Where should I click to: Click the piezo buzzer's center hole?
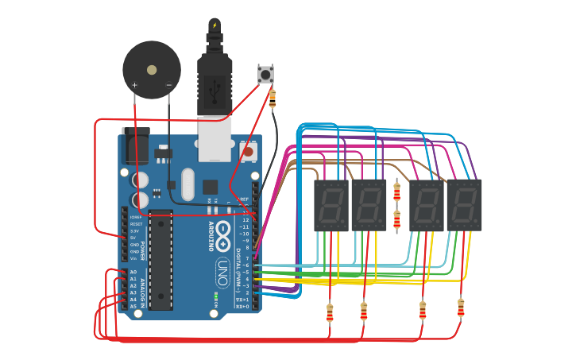point(152,70)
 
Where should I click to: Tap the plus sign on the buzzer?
point(134,85)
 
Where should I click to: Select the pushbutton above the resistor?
point(265,75)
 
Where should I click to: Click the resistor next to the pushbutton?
point(273,99)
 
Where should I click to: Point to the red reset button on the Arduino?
point(248,151)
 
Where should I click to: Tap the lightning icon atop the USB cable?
point(215,25)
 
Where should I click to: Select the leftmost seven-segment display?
point(331,206)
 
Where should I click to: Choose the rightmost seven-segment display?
point(464,206)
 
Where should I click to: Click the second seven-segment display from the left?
point(369,206)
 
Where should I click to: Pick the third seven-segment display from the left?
point(427,206)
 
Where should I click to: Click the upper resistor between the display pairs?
point(396,192)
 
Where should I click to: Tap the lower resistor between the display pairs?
point(396,220)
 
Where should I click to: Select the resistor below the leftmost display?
point(330,313)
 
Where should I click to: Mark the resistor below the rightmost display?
point(461,308)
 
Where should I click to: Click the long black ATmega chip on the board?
point(160,260)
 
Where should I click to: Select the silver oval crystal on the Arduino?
point(187,184)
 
